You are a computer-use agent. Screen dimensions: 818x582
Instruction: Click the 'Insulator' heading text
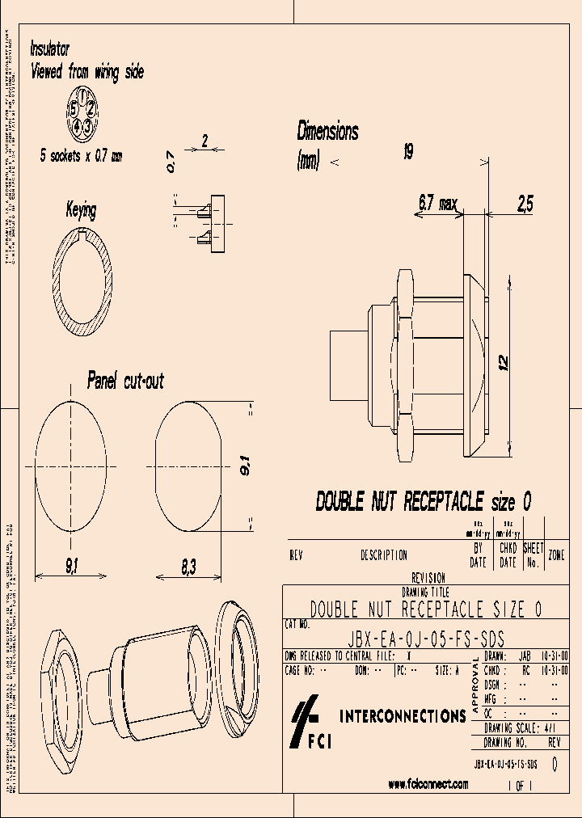click(x=50, y=48)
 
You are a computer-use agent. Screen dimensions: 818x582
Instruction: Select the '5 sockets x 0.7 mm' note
click(x=82, y=157)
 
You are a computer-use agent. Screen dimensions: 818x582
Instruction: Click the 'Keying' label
click(x=81, y=211)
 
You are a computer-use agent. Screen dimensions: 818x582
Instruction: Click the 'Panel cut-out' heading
click(x=125, y=380)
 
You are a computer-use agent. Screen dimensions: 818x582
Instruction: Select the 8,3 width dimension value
click(x=188, y=569)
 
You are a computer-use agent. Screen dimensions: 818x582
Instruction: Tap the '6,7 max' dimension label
click(x=437, y=204)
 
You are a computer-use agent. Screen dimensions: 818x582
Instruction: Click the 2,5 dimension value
click(x=525, y=205)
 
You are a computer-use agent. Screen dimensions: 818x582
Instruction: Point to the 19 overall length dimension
click(x=408, y=151)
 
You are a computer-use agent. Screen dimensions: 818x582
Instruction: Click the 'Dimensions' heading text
click(x=327, y=131)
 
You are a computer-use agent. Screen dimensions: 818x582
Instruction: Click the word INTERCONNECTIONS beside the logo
click(x=403, y=716)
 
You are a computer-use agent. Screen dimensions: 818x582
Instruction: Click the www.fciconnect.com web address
click(x=428, y=783)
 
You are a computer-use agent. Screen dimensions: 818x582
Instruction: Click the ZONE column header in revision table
click(x=556, y=555)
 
